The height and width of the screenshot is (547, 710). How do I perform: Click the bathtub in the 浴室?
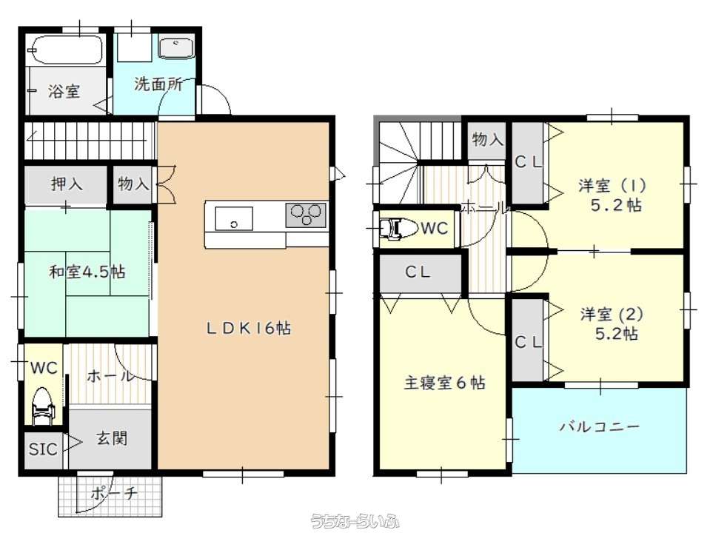coord(65,50)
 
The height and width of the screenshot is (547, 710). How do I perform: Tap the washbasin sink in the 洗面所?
coord(177,48)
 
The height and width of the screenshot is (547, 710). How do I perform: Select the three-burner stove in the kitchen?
coord(306,215)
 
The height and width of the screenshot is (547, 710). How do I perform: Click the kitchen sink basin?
coord(234,218)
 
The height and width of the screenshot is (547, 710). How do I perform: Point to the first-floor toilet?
coord(43,406)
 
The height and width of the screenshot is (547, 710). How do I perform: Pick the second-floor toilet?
coord(398,229)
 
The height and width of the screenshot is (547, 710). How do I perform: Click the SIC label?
coord(43,449)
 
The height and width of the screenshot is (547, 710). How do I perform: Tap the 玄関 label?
coord(111,438)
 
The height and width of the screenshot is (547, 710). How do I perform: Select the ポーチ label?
coord(114,493)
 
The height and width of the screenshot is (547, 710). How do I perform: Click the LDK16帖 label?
coord(249,328)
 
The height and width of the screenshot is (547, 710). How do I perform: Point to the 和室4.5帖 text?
coord(87,272)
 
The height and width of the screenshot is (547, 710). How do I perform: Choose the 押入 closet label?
coord(67,184)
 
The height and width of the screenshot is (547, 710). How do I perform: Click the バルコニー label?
coord(600,426)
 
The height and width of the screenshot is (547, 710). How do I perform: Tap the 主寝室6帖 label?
coord(445,383)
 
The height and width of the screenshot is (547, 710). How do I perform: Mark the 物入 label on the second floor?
coord(487,139)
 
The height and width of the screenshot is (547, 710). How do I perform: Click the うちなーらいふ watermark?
coord(355,522)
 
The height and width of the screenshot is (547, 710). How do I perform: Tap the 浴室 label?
coord(64,92)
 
